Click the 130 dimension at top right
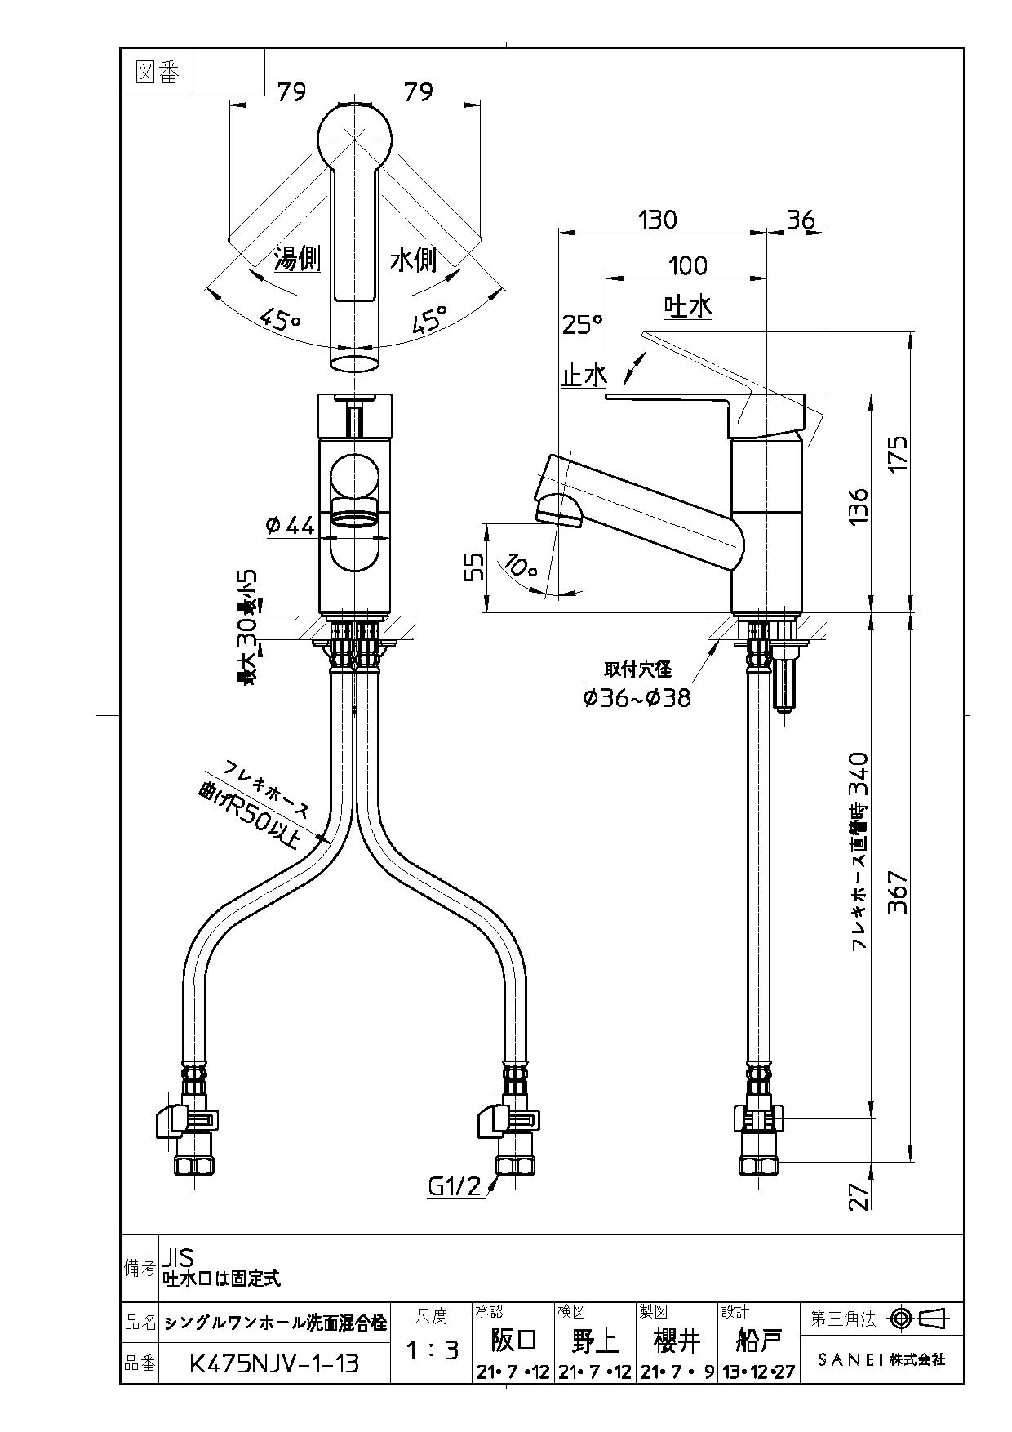(x=657, y=220)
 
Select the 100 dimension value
(x=687, y=265)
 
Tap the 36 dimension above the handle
(x=800, y=220)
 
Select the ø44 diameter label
(x=290, y=527)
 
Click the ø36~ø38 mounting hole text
(x=637, y=698)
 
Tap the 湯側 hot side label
(x=296, y=260)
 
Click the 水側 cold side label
(x=414, y=260)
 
